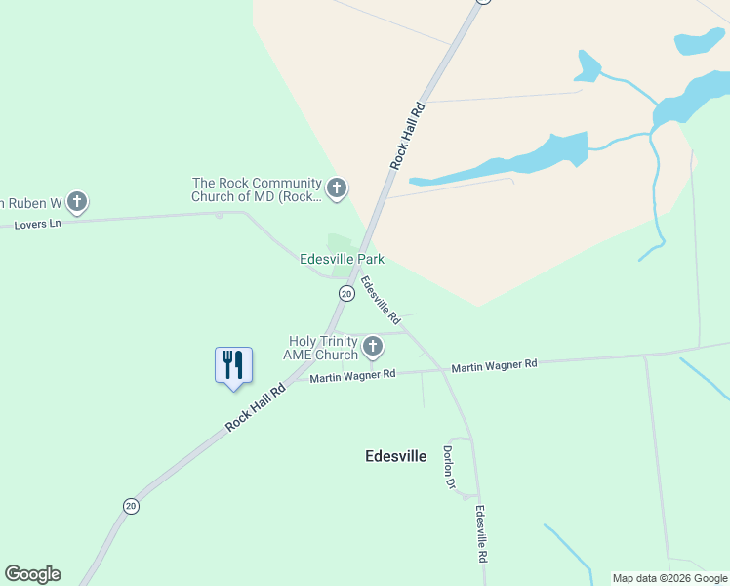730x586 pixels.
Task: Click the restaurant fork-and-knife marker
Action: coord(233,365)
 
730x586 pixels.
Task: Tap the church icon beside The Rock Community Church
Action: coord(337,188)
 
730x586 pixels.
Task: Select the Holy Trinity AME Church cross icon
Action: coord(372,346)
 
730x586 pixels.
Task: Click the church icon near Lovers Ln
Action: coord(77,202)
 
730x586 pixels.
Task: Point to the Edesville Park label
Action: coord(342,259)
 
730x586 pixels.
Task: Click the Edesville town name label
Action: coord(395,455)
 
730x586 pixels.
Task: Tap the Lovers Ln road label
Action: coord(37,225)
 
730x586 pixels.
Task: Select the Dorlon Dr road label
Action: coord(449,467)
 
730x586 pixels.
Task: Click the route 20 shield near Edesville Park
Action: coord(345,293)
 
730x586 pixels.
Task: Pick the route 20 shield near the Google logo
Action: coord(131,505)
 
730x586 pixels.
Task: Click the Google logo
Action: coord(32,574)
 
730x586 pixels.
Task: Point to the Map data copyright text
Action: coord(669,578)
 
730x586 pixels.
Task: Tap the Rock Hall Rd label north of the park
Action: coord(408,136)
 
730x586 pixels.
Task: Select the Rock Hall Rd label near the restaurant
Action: coord(255,406)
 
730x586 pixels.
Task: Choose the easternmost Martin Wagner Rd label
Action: coord(494,365)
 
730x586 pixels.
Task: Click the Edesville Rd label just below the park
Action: coord(381,301)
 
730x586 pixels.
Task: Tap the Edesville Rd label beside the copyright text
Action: coord(480,533)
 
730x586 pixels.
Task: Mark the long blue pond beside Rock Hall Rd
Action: coord(507,161)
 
